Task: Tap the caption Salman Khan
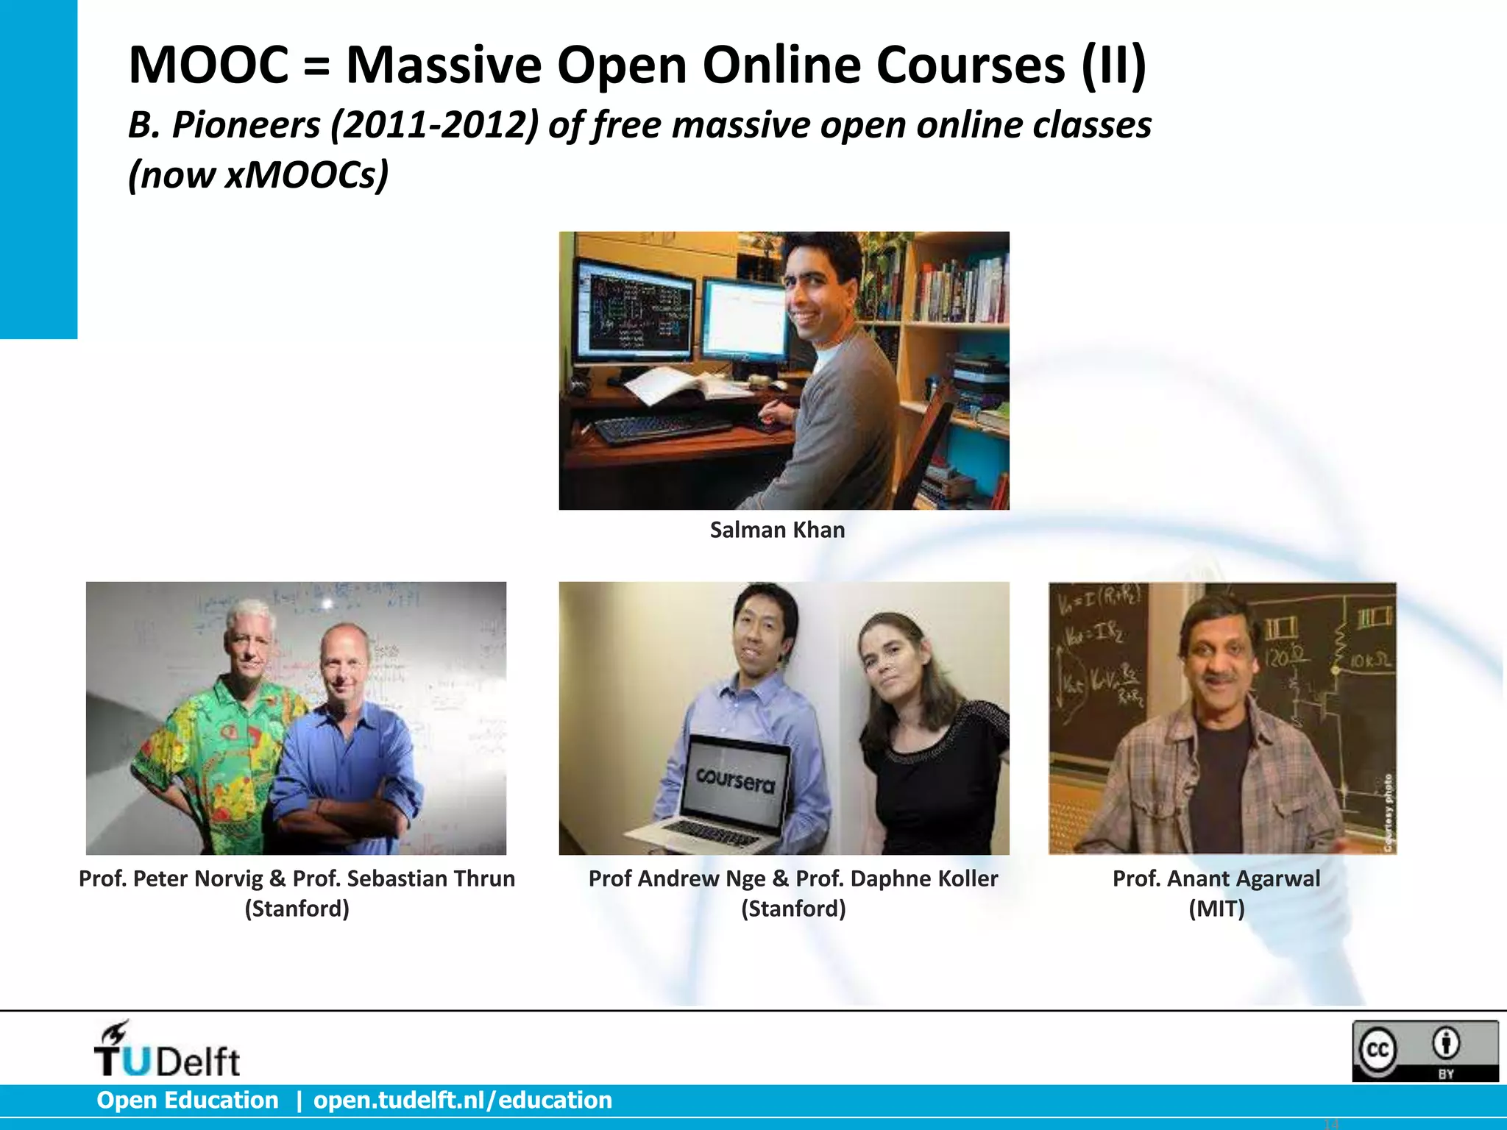click(x=777, y=530)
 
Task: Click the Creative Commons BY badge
click(x=1425, y=1051)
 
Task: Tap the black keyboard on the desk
click(x=662, y=429)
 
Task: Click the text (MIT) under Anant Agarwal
click(x=1216, y=909)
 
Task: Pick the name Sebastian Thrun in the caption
click(x=431, y=878)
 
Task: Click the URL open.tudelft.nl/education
click(x=463, y=1100)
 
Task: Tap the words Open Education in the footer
click(x=188, y=1100)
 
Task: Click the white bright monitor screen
click(x=745, y=320)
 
